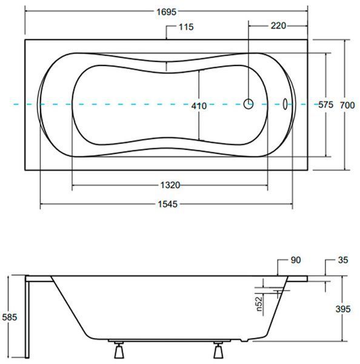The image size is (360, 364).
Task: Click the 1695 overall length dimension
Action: (166, 12)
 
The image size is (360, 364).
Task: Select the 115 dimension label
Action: (186, 27)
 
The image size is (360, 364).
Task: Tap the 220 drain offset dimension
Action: (278, 25)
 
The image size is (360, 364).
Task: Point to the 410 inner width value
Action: (199, 106)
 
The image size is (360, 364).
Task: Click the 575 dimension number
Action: (325, 105)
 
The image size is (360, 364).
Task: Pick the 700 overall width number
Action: (347, 106)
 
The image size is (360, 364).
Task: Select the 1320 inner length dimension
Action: (170, 185)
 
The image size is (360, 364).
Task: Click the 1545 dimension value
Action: (168, 204)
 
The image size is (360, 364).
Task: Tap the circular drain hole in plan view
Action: (248, 104)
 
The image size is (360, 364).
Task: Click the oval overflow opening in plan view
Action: (285, 104)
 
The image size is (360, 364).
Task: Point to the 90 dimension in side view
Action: (296, 260)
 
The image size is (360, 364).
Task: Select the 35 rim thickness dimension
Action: (343, 260)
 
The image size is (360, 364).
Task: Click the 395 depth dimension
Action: (343, 309)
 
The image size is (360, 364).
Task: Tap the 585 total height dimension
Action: (10, 317)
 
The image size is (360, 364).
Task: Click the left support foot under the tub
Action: (119, 349)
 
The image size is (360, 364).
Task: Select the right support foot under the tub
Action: (218, 349)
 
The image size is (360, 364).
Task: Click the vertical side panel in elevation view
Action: (27, 317)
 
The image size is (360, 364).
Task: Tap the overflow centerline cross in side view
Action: (278, 291)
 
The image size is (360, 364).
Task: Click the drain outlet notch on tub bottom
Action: (244, 340)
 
